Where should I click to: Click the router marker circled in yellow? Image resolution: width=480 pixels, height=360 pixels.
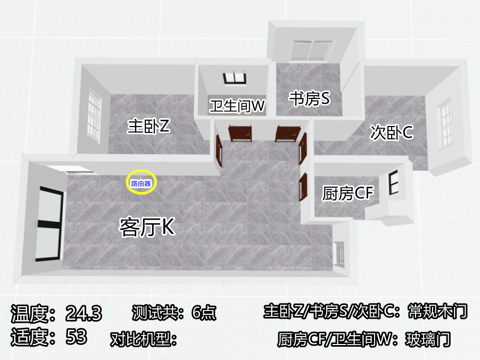click(x=141, y=183)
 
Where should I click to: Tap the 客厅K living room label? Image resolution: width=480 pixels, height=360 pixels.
click(x=147, y=227)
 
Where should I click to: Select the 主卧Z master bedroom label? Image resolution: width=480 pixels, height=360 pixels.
click(x=148, y=125)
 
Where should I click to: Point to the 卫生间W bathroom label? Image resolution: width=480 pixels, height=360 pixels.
click(x=237, y=106)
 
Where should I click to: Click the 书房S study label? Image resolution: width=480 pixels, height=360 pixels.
click(x=310, y=98)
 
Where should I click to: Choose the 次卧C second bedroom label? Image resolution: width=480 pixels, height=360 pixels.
click(x=392, y=132)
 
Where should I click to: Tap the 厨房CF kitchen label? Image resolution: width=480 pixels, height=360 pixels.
click(x=348, y=193)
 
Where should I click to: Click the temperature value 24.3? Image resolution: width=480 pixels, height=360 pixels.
click(x=84, y=313)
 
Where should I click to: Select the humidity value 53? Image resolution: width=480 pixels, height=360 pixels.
click(x=76, y=337)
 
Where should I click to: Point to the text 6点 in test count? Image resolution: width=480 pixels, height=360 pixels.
click(x=204, y=313)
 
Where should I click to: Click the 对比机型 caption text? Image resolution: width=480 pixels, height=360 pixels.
click(x=143, y=339)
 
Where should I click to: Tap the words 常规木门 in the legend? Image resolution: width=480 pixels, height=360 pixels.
click(x=438, y=312)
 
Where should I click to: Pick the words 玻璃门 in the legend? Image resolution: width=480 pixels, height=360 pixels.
click(x=428, y=339)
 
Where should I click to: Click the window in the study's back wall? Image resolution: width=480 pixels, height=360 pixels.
click(x=312, y=50)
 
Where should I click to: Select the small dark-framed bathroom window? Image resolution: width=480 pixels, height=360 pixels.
click(x=235, y=78)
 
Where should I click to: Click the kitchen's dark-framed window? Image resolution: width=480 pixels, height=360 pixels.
click(x=394, y=183)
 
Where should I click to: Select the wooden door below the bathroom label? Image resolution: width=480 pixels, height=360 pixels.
click(x=240, y=133)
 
